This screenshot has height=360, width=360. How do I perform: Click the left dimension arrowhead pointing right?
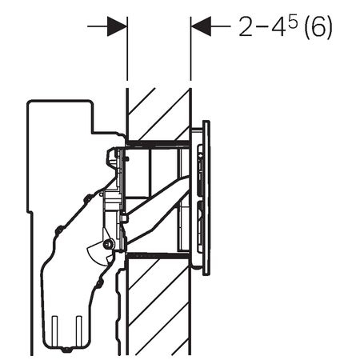click(x=118, y=26)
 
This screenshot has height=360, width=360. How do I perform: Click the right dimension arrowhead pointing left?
click(x=201, y=26)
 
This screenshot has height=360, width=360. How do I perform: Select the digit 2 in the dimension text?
click(x=246, y=26)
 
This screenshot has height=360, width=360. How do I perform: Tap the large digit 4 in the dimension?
click(x=279, y=26)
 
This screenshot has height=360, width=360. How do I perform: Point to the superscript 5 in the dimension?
click(x=293, y=22)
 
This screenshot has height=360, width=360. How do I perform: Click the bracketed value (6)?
click(x=318, y=27)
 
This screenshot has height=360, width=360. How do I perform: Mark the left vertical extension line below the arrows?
click(x=127, y=49)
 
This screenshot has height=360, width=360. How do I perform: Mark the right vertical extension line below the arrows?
click(x=190, y=49)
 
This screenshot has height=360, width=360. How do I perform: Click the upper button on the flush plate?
click(x=200, y=170)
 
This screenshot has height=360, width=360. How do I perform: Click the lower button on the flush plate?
click(x=200, y=226)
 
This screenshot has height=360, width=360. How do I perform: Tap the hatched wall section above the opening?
click(x=159, y=114)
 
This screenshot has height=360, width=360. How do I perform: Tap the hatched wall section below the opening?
click(x=159, y=306)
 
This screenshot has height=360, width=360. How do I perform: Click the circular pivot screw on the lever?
click(x=108, y=243)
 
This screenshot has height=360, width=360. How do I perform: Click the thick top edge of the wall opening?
click(x=158, y=143)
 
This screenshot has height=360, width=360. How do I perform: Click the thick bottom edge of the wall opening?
click(x=158, y=256)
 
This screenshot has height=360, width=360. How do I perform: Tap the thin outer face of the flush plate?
click(x=206, y=198)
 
